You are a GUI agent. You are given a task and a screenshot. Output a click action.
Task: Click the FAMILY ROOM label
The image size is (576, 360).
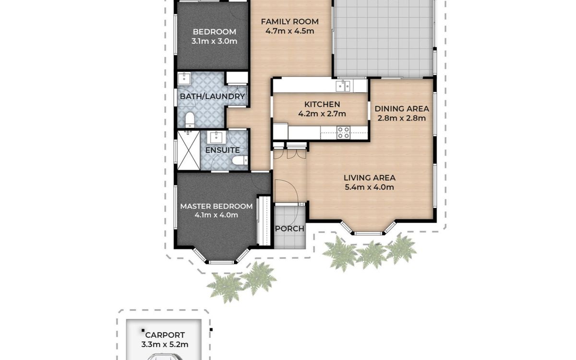(x=290, y=22)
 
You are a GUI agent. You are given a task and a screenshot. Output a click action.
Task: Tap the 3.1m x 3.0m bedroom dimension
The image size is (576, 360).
(x=214, y=41)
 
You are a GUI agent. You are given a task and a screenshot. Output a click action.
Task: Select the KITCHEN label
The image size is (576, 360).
(x=322, y=105)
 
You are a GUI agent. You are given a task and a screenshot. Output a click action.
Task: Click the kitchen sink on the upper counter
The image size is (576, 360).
(x=343, y=85)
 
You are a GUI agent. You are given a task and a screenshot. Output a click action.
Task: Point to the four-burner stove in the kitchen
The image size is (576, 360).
(x=343, y=132)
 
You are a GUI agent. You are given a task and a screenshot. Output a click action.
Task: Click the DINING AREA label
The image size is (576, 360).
(x=402, y=109)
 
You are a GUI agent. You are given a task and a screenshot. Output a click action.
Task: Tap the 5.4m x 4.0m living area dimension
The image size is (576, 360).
(x=369, y=187)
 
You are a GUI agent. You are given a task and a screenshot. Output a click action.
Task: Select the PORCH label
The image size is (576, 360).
(x=290, y=228)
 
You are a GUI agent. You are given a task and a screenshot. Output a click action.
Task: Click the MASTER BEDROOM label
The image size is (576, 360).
(x=216, y=206)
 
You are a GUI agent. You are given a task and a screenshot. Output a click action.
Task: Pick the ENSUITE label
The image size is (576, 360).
(x=222, y=150)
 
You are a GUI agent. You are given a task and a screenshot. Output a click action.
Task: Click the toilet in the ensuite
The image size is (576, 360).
(x=240, y=160)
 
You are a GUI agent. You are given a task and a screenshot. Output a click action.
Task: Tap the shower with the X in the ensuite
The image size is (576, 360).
(x=189, y=150)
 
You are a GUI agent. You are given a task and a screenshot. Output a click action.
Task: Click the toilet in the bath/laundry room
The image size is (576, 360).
(x=190, y=120)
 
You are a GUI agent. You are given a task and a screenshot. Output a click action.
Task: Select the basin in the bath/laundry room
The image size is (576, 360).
(x=184, y=79)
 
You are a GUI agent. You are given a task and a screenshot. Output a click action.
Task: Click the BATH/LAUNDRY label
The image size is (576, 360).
(x=212, y=96)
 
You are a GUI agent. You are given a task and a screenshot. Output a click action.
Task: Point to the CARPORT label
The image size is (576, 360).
(x=165, y=336)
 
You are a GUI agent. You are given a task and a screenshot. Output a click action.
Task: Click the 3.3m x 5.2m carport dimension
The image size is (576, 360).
(x=165, y=345)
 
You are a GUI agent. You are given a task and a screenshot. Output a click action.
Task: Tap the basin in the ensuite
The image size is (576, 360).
(x=216, y=138)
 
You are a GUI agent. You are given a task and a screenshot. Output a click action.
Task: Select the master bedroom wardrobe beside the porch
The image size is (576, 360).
(x=264, y=221)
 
